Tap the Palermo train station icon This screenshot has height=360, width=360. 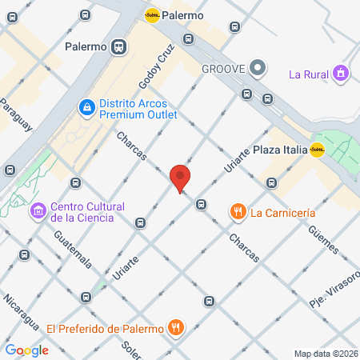point(119,46)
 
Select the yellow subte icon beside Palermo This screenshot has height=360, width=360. point(152,14)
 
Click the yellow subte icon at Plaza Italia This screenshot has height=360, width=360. point(317,150)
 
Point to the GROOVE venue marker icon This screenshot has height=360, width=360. point(258,68)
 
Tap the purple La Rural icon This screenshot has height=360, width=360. point(342,74)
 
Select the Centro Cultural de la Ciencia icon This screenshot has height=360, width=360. point(38,211)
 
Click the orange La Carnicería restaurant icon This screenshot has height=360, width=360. point(237,213)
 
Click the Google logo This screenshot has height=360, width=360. point(26,350)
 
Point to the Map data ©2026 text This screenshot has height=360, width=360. point(326,353)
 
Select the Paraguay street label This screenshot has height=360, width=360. point(18,116)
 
